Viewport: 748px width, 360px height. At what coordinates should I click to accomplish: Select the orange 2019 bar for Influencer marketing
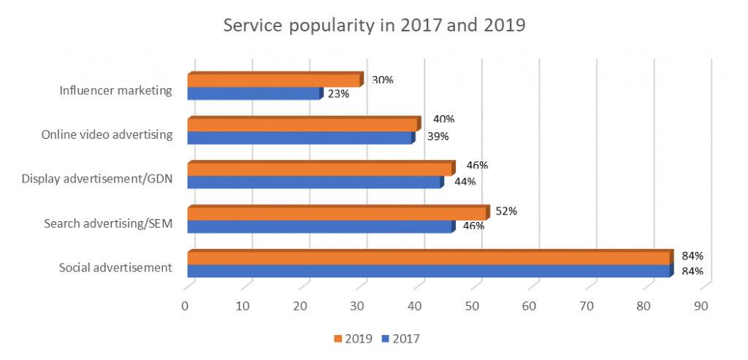(274, 80)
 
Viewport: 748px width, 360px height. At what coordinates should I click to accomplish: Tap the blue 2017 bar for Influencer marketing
(253, 93)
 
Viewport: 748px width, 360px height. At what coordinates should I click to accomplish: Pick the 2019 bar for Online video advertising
(303, 125)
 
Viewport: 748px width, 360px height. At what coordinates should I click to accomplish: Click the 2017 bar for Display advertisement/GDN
(314, 182)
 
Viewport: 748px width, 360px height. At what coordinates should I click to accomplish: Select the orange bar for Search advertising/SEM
(337, 213)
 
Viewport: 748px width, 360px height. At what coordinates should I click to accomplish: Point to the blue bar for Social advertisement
(429, 271)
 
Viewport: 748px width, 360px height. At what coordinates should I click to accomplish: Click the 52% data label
(506, 212)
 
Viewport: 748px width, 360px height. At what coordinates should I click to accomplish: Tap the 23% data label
(339, 93)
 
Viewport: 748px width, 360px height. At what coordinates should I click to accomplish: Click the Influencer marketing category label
(117, 91)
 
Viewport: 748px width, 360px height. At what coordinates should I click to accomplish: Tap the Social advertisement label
(115, 267)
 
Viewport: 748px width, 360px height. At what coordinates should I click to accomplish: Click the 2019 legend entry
(354, 338)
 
